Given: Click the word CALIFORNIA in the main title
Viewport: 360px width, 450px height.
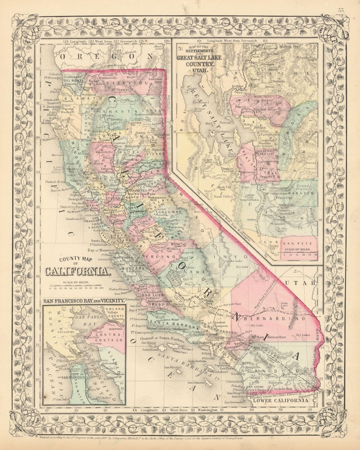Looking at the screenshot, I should pyautogui.click(x=77, y=271).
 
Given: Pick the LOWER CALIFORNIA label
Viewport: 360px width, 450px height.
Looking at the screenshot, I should pyautogui.click(x=281, y=400).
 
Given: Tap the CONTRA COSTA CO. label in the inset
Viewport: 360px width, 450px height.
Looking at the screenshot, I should pyautogui.click(x=109, y=337).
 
